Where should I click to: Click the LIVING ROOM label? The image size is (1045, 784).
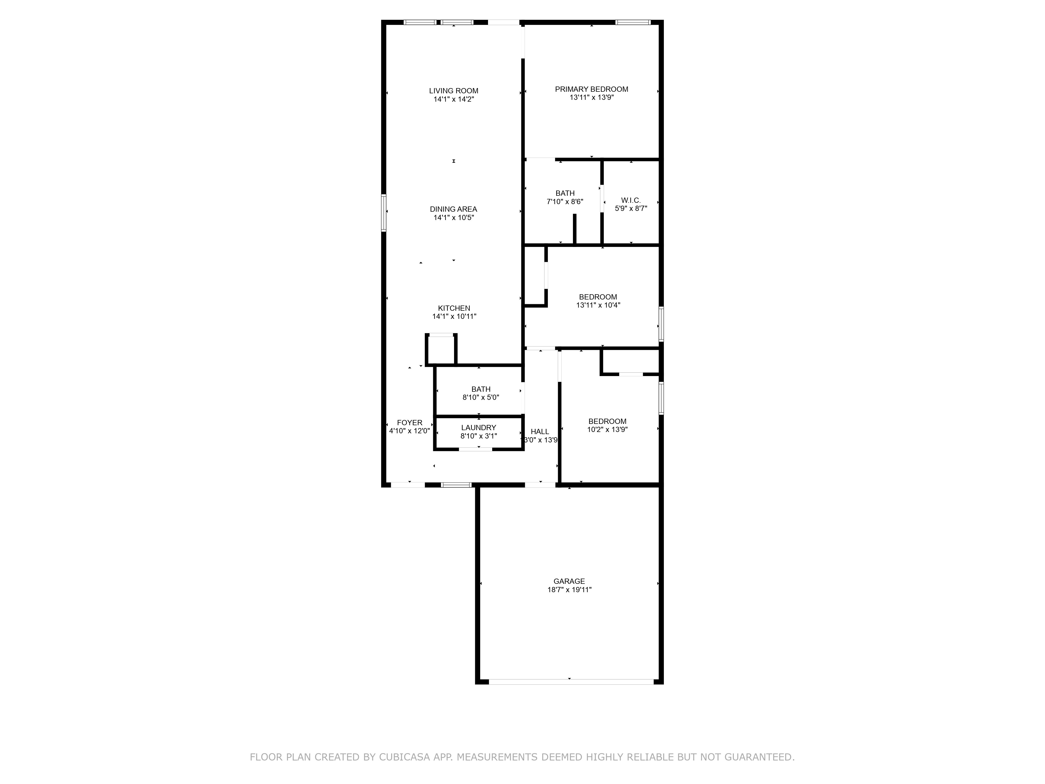pyautogui.click(x=454, y=91)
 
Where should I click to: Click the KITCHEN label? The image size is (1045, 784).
pyautogui.click(x=454, y=308)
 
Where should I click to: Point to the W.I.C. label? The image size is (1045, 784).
pyautogui.click(x=631, y=200)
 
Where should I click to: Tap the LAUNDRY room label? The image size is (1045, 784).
pyautogui.click(x=479, y=428)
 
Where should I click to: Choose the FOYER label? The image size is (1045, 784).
pyautogui.click(x=410, y=423)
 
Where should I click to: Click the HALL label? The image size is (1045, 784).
pyautogui.click(x=540, y=431)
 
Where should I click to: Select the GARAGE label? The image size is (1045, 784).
pyautogui.click(x=569, y=581)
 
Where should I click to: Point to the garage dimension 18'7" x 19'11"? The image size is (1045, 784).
pyautogui.click(x=569, y=590)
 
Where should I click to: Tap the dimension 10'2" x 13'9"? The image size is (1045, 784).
pyautogui.click(x=607, y=430)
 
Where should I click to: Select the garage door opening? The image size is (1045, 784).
pyautogui.click(x=571, y=682)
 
